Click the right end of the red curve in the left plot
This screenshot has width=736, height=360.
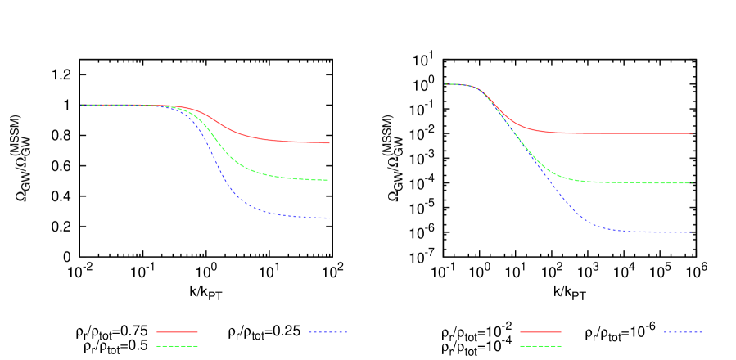tap(328, 142)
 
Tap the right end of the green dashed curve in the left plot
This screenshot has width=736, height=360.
tap(328, 180)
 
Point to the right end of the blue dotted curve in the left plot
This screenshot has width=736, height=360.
tap(328, 218)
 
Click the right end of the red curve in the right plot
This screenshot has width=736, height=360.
tap(692, 133)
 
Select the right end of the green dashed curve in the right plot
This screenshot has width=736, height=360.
tap(692, 182)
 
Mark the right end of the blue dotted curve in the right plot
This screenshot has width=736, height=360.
tap(692, 232)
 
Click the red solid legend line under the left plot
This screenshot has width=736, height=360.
tap(177, 332)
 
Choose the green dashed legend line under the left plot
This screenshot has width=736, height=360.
tap(177, 346)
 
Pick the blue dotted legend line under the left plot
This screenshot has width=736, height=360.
tap(328, 332)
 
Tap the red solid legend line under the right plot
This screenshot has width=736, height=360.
tap(540, 332)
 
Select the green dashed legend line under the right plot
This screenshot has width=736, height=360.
tap(540, 346)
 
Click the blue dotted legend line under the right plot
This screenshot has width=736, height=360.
tap(683, 332)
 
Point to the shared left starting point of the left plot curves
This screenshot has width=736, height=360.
tap(81, 105)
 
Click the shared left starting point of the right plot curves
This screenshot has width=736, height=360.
tap(445, 84)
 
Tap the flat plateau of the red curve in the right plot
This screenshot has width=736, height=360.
tap(622, 133)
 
